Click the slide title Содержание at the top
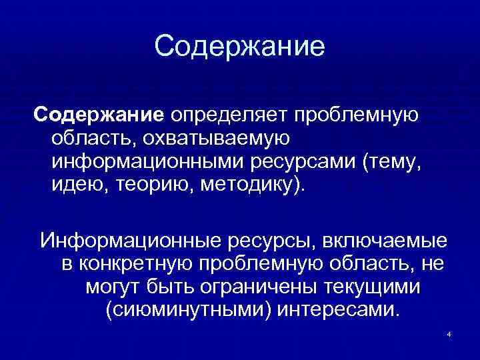[239, 47]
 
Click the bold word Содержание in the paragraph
[99, 115]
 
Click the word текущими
[373, 287]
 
